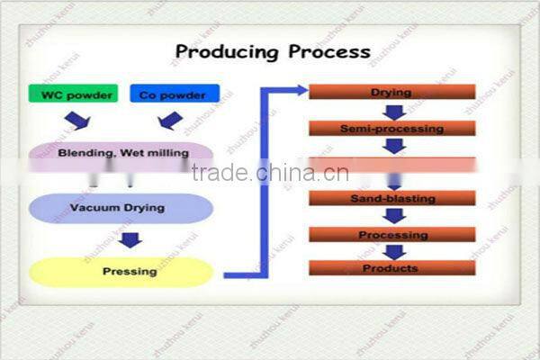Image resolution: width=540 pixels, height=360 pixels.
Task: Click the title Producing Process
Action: [x=272, y=51]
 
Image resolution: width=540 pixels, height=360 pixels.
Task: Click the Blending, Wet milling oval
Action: [x=122, y=154]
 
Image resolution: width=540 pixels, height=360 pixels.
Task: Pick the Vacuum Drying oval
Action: [x=121, y=208]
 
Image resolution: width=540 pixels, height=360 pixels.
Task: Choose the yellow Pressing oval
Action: [x=121, y=271]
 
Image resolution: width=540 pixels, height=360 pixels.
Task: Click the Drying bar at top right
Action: [x=391, y=92]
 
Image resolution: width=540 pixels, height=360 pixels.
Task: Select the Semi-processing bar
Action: [x=391, y=129]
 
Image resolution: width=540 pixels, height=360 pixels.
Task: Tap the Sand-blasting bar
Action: [x=391, y=198]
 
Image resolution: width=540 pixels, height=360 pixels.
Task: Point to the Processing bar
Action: [x=391, y=234]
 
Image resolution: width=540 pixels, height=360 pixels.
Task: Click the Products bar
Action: [x=391, y=268]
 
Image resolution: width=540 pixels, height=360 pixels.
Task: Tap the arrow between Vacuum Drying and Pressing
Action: [x=131, y=239]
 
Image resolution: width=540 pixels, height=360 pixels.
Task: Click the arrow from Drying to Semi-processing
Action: [x=393, y=111]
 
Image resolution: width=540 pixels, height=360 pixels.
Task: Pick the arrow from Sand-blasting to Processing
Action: [x=393, y=216]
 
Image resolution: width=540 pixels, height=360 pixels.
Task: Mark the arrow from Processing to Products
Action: [x=393, y=252]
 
